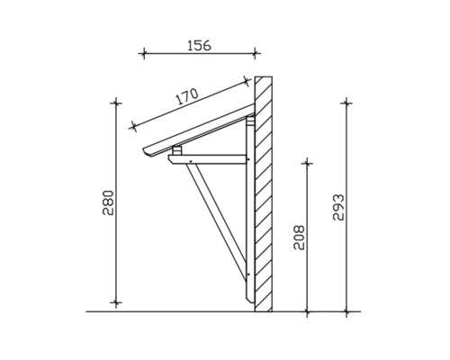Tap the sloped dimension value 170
[x=186, y=98]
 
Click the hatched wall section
[x=264, y=193]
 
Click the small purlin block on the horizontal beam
[x=178, y=150]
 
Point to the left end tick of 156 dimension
[x=143, y=54]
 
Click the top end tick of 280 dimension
[x=115, y=103]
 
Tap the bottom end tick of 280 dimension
[x=115, y=303]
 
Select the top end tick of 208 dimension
[x=308, y=163]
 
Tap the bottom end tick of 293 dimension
[x=347, y=312]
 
